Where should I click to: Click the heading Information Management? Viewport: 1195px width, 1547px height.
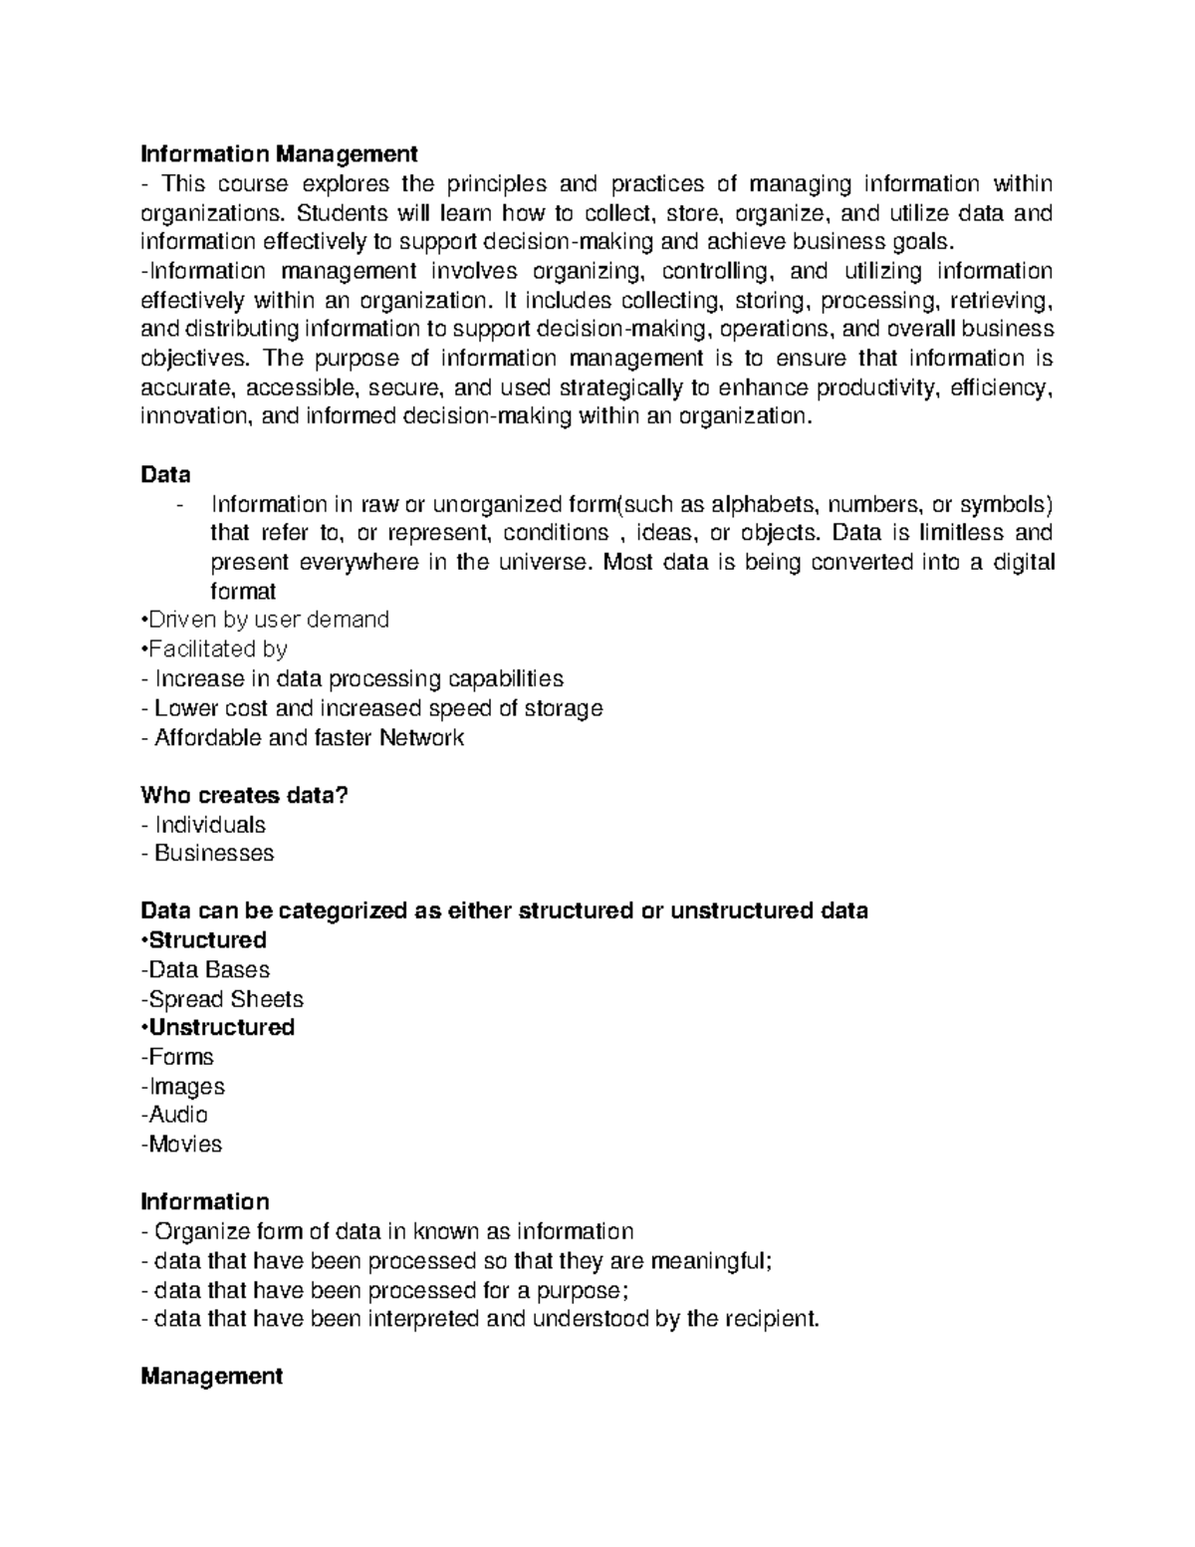click(279, 154)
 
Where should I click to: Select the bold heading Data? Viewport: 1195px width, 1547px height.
click(165, 474)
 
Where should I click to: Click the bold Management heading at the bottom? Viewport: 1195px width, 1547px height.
click(211, 1377)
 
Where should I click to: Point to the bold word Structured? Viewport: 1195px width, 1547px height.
click(206, 940)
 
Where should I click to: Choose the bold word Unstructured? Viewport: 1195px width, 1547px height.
click(220, 1027)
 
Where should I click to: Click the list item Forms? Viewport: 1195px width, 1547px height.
click(180, 1057)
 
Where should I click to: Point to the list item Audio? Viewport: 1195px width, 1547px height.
click(177, 1115)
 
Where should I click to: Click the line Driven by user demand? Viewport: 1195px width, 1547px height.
click(266, 621)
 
